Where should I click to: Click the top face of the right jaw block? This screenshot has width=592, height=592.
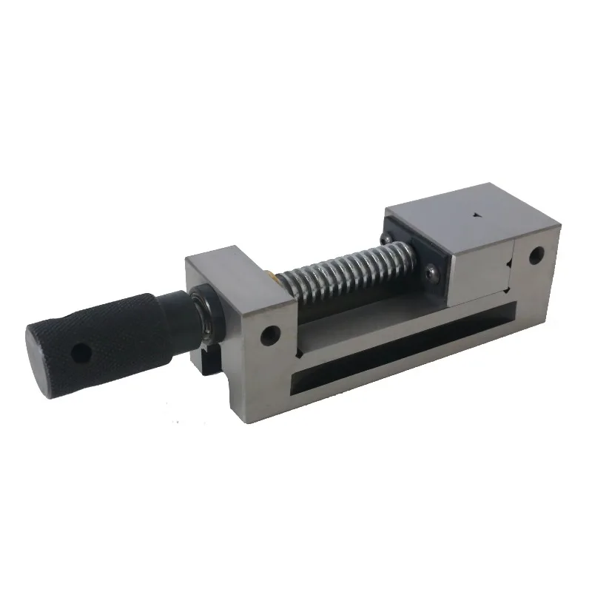coord(459,222)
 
